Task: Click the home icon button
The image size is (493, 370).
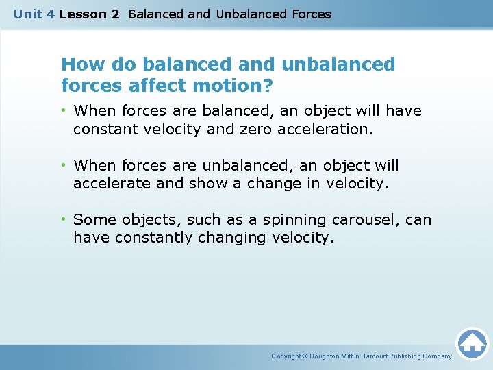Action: click(472, 343)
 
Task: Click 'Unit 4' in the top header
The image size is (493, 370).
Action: click(34, 14)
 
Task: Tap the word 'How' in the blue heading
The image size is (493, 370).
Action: click(79, 64)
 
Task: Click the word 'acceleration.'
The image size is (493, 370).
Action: click(326, 128)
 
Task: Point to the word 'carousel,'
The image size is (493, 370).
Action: click(366, 220)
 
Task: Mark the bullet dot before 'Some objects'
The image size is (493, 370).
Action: click(64, 220)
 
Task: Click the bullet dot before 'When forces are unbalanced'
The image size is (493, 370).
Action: click(64, 166)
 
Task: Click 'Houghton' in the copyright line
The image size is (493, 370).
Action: click(326, 356)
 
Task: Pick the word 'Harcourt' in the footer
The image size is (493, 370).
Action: click(370, 356)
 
